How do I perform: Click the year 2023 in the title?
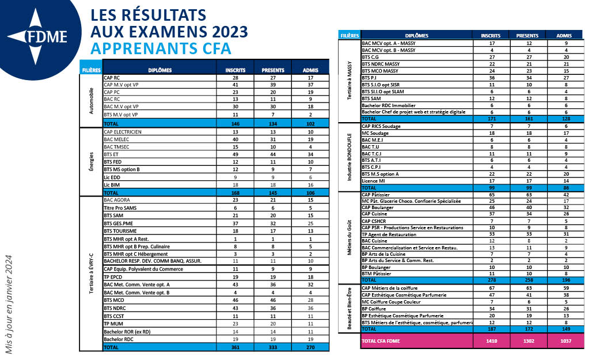[x=230, y=32]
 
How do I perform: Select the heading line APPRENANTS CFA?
[x=161, y=48]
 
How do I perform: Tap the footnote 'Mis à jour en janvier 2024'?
[x=9, y=305]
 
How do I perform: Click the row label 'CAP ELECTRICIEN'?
[x=123, y=132]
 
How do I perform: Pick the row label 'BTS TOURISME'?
[x=120, y=231]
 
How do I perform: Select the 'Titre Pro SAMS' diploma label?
[x=120, y=208]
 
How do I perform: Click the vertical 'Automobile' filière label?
[x=91, y=101]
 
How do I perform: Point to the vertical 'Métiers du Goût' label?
[x=349, y=237]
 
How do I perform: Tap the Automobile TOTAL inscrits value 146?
[x=236, y=124]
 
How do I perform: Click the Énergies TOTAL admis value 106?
[x=310, y=193]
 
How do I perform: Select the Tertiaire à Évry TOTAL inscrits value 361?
[x=236, y=347]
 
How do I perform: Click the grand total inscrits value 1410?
[x=492, y=341]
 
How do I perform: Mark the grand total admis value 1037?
[x=566, y=341]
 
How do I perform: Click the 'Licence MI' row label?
[x=373, y=181]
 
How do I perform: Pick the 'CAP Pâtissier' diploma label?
[x=375, y=195]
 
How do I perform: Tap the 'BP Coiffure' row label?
[x=374, y=309]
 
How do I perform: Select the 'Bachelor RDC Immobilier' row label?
[x=389, y=105]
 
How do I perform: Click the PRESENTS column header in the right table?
[x=527, y=36]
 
